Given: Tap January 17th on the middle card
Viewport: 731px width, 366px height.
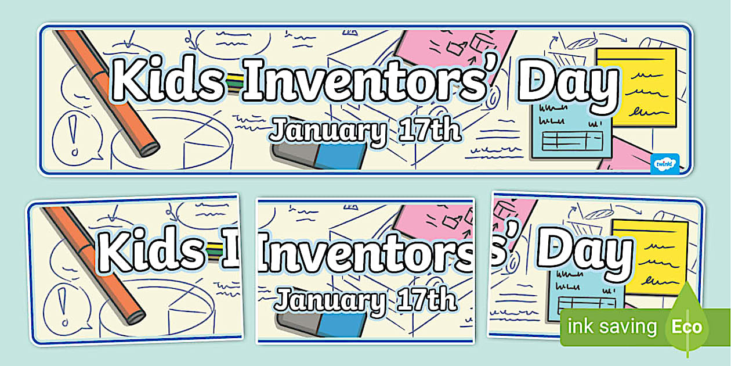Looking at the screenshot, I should [366, 300].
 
